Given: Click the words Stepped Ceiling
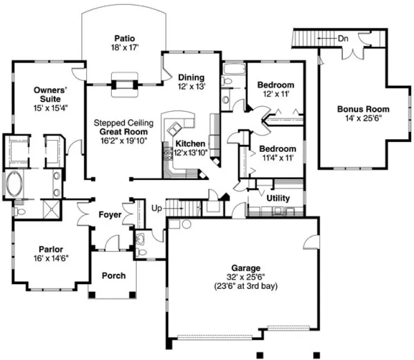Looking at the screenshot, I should pos(123,123).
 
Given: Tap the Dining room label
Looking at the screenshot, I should pos(191,78).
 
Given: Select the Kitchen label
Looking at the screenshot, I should pos(190,144).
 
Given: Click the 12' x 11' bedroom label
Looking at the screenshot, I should pos(276,94).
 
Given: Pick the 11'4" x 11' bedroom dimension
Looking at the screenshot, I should pos(277,158).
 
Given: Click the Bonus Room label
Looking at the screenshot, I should pos(363,109).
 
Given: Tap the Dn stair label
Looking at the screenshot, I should pos(343,38).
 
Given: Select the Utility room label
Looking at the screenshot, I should pos(278,198).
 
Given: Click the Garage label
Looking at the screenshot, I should pos(246,268).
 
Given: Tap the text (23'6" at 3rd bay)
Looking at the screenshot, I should pos(246,286).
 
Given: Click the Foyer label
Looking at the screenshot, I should pos(110,215).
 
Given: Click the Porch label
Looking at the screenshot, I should pos(113,275).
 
